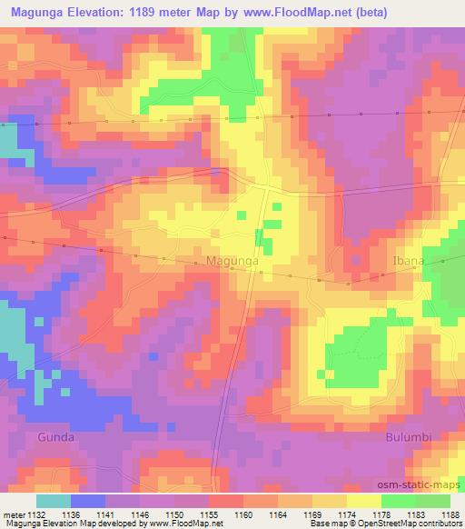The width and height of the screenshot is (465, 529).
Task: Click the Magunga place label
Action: (x=233, y=260)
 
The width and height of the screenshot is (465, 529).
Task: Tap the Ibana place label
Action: (x=408, y=260)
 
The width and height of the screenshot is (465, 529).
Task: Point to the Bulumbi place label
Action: (x=405, y=436)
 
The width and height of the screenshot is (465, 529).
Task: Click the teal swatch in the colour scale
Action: (x=54, y=501)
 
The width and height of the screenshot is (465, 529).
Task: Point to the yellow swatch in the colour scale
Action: (x=364, y=501)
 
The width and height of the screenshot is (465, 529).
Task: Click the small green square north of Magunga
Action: (x=241, y=215)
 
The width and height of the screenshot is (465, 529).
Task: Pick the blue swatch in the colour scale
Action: (x=88, y=501)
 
